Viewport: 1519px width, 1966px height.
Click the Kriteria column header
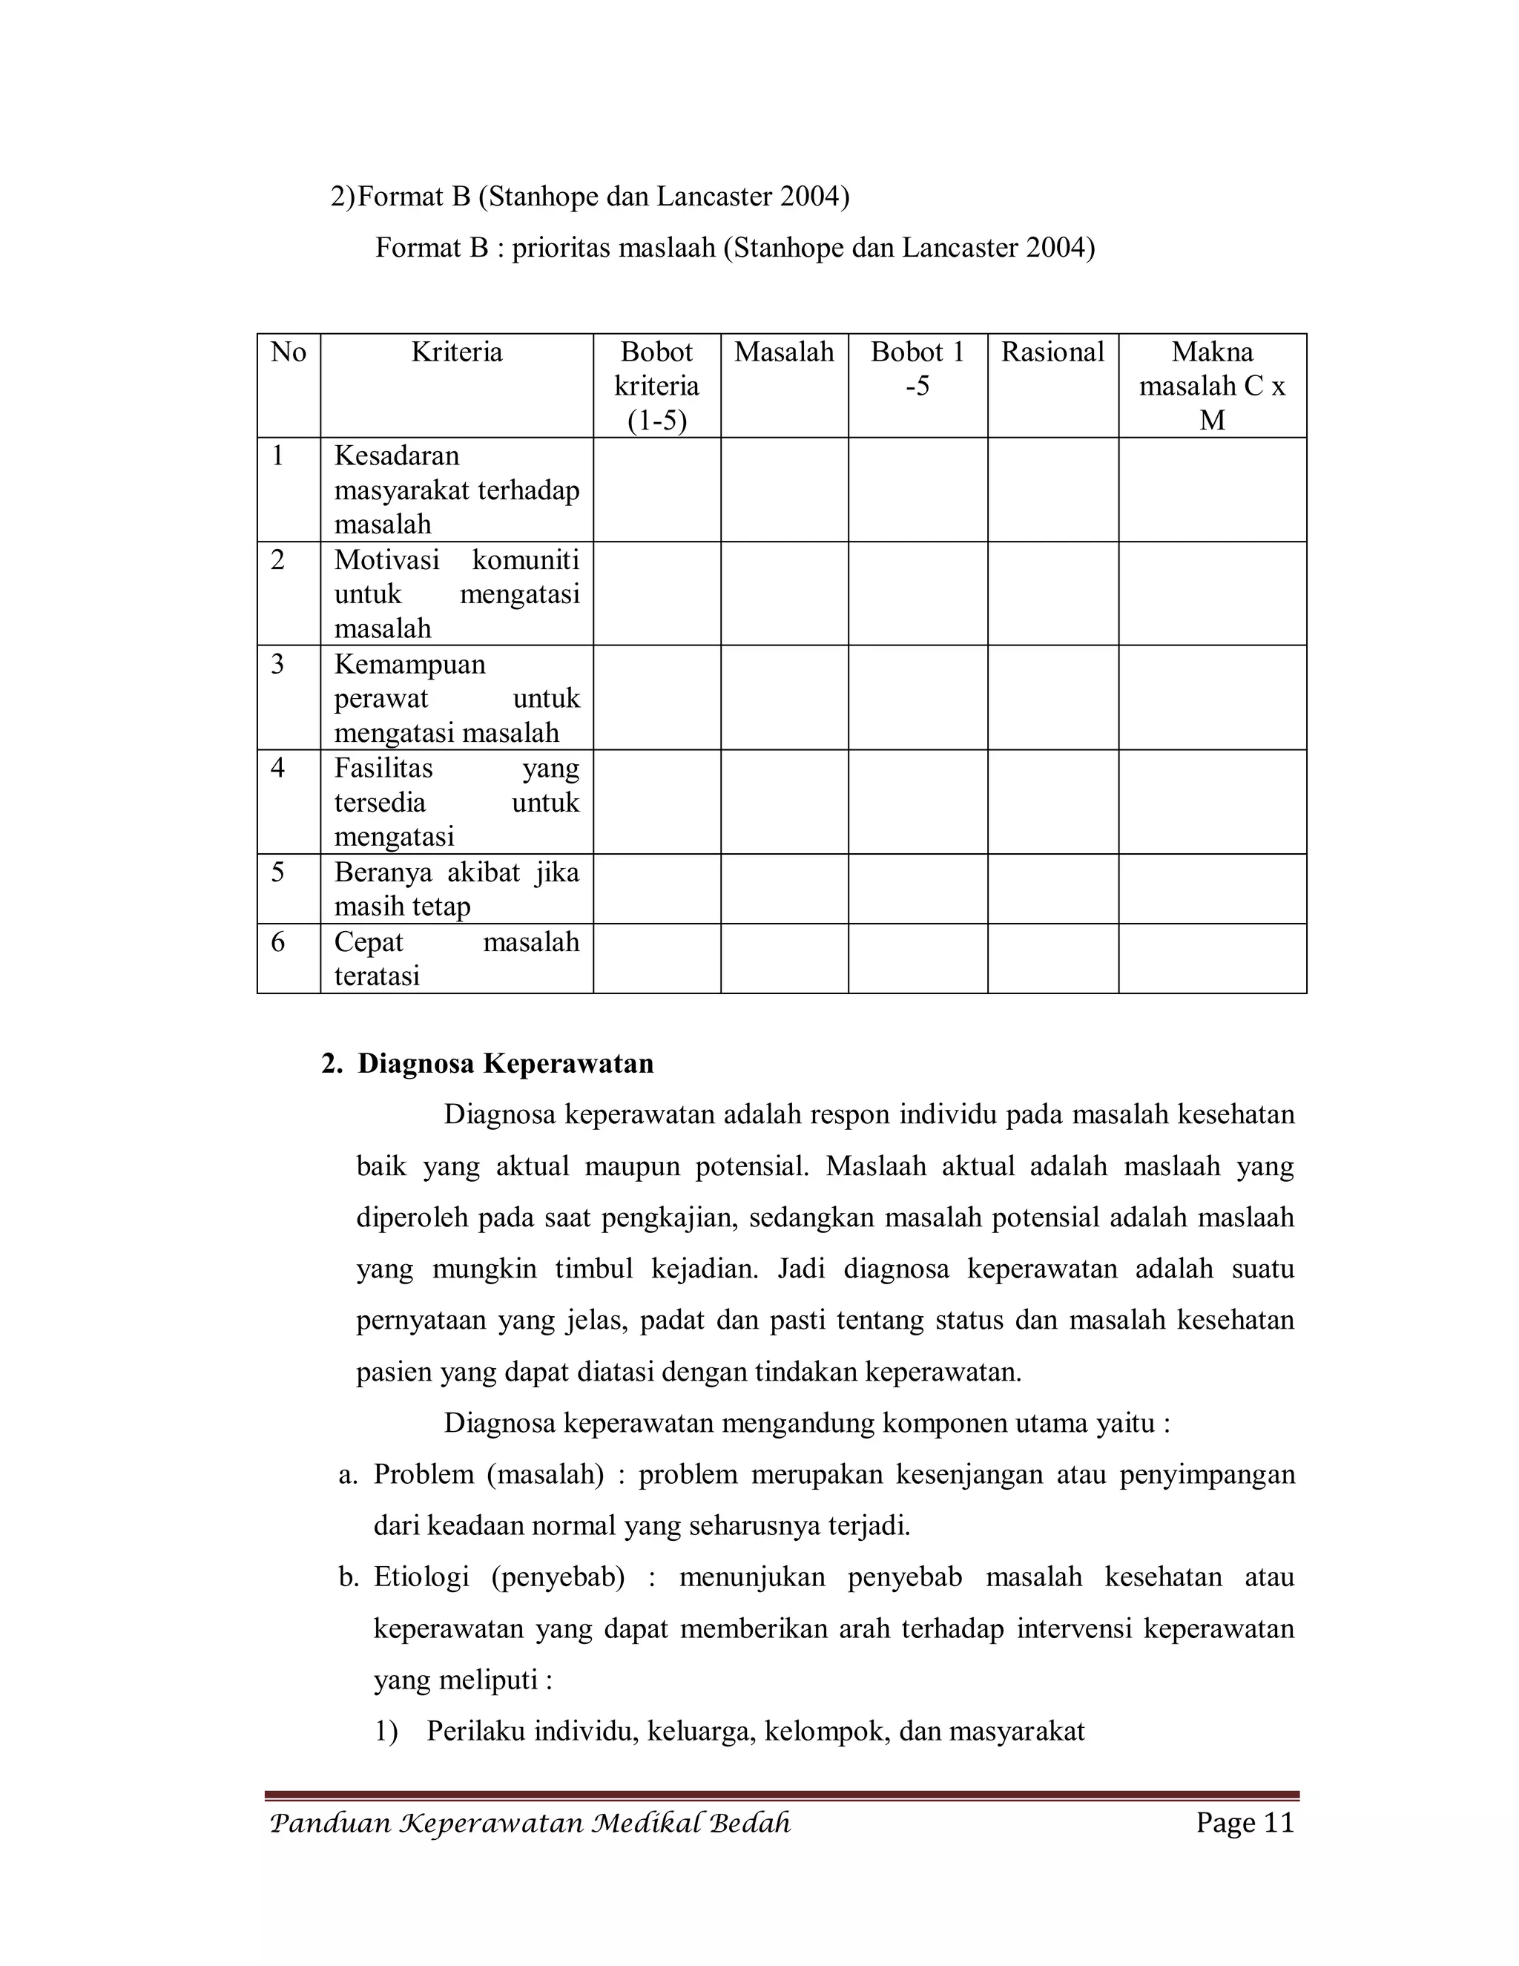(x=456, y=352)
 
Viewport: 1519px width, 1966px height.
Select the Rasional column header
(x=1052, y=352)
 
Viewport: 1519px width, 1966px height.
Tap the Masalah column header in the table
(x=784, y=352)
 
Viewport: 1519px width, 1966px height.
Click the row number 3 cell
(x=278, y=664)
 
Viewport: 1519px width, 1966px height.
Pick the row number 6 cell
(x=278, y=942)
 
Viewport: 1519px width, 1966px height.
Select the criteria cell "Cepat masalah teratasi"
(x=456, y=959)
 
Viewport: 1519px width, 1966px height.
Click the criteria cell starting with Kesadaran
(x=456, y=490)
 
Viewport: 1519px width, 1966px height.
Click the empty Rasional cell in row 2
(x=1052, y=594)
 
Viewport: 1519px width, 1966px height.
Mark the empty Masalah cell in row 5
(x=784, y=889)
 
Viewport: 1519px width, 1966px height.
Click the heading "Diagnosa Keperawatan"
(x=505, y=1063)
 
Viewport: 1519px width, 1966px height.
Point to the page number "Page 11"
(x=1245, y=1823)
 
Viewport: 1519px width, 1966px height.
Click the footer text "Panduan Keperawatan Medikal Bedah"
(x=530, y=1824)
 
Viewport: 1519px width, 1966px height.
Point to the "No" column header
(x=288, y=352)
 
